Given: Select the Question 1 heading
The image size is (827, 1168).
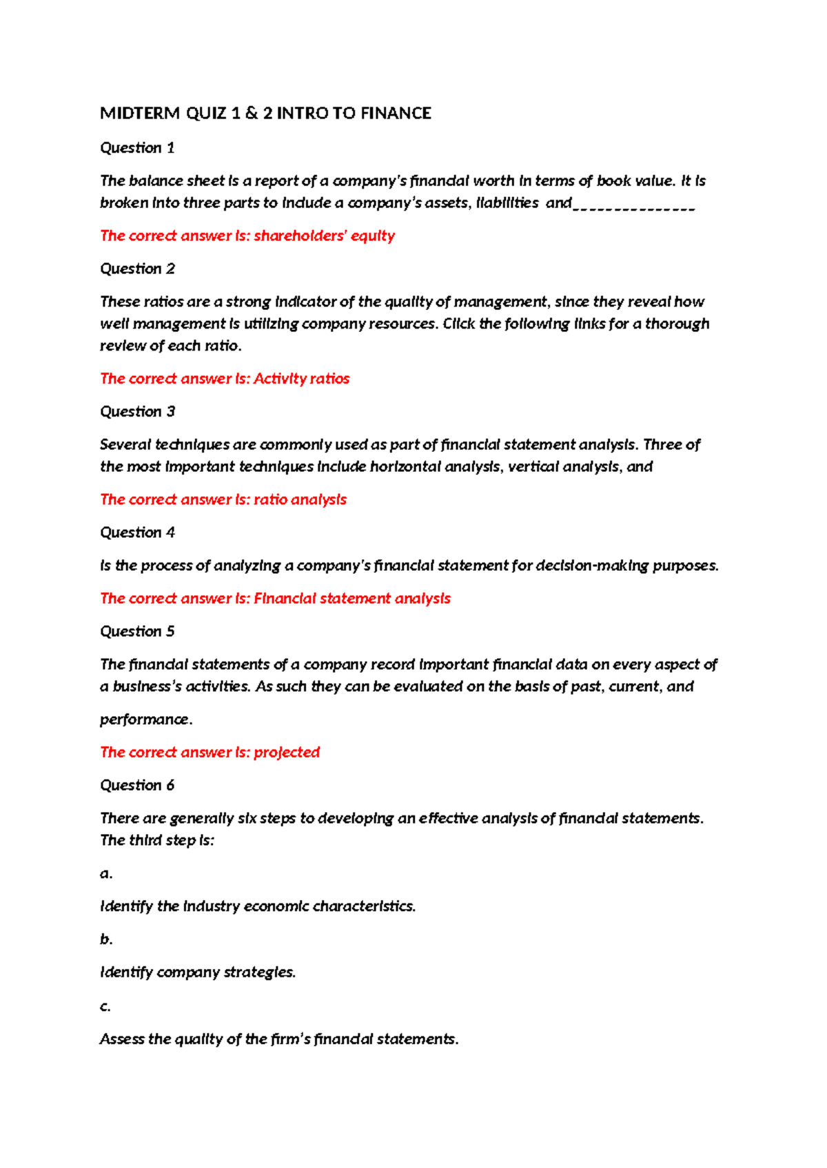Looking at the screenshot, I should point(137,147).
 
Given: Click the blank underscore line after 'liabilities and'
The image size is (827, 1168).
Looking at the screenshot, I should point(633,205).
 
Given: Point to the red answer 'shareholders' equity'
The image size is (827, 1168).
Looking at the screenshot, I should point(324,236).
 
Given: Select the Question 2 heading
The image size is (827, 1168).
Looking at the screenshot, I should point(137,269).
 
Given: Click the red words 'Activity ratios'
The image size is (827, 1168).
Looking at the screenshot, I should point(301,379).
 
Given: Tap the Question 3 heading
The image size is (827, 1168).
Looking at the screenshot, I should point(137,411).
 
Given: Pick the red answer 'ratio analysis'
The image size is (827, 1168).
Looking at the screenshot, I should point(300,499).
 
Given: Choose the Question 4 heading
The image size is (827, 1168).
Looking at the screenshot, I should point(137,532).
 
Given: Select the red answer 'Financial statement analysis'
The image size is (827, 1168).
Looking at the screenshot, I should point(351,598).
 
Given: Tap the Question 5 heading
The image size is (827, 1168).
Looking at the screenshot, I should point(137,631).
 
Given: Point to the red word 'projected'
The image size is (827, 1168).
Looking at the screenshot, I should point(287,752).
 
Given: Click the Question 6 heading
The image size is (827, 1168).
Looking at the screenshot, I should point(137,785).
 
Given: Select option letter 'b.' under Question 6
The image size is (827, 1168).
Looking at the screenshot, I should point(105,939).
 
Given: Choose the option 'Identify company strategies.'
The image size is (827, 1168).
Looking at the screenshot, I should point(198,972).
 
